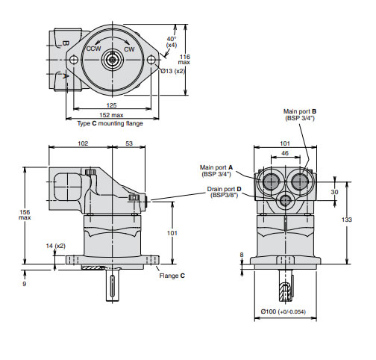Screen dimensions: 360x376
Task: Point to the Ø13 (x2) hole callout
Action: pos(177,71)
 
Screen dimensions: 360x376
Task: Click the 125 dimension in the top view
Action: pos(112,106)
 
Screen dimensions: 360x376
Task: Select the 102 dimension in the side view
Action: pos(83,143)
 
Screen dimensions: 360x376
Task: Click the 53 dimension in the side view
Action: pos(130,143)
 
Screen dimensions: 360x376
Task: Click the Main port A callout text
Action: pos(216,170)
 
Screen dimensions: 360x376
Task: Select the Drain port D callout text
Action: pos(224,193)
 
